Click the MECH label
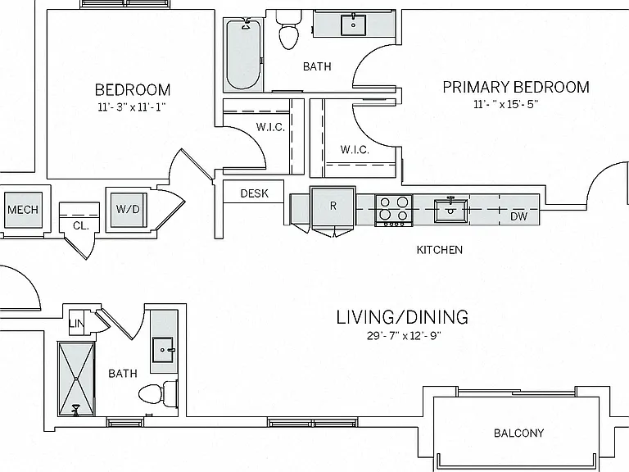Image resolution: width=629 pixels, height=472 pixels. coord(23,210)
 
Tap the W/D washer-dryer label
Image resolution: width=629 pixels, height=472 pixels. coord(128,209)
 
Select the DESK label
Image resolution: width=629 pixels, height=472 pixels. coord(255,193)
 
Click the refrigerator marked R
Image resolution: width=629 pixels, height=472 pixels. coord(333,206)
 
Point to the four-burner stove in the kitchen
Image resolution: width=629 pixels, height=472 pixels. coord(394,211)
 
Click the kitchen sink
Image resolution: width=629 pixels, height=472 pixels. coord(451,211)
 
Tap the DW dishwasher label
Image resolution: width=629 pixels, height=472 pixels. coord(518,216)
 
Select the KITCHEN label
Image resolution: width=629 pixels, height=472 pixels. coord(440,250)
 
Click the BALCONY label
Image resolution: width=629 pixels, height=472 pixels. coord(518,433)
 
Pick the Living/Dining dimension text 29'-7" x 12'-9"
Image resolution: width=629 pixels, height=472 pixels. coord(404,335)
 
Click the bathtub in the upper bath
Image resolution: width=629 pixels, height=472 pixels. coord(243,54)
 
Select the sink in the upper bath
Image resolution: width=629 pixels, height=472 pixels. coord(353,25)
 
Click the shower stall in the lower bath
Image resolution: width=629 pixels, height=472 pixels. coord(76,379)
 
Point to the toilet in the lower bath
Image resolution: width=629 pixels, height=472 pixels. coord(158,393)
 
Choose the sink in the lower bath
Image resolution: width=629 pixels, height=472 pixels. coord(164,350)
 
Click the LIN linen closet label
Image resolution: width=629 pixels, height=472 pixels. coord(76,322)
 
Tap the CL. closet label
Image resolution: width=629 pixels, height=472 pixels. coord(80,226)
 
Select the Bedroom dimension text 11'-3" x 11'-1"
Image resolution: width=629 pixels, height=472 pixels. coord(132,107)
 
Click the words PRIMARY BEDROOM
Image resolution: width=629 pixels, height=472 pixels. coord(516,87)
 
